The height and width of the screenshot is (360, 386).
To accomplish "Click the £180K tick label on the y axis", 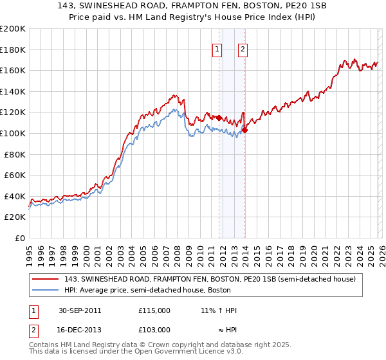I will [13, 50].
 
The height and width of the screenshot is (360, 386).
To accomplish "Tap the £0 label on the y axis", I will [20, 238].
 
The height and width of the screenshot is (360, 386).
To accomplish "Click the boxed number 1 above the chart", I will [217, 49].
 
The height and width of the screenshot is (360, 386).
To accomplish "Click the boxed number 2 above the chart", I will [243, 49].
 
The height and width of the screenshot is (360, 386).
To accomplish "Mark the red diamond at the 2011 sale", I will [219, 118].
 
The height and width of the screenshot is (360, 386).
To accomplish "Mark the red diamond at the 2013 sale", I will [245, 130].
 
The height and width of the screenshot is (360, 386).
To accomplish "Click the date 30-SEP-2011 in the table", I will [80, 310].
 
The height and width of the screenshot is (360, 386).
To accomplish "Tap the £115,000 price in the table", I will [154, 310].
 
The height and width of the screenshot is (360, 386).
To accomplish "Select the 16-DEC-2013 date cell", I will [80, 330].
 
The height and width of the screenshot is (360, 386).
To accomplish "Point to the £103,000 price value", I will [154, 330].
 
